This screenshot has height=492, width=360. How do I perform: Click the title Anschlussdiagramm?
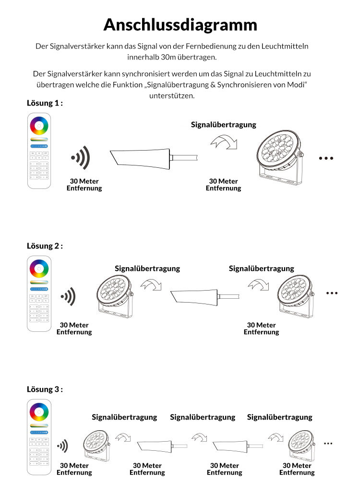[x=180, y=24]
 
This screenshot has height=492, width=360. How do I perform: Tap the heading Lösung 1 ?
[x=45, y=103]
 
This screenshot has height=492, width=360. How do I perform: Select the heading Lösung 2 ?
[x=45, y=246]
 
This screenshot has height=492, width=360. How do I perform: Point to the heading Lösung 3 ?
[x=45, y=389]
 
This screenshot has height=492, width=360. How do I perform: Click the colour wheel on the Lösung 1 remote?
[x=39, y=126]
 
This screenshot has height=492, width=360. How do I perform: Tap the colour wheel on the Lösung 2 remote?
[x=39, y=269]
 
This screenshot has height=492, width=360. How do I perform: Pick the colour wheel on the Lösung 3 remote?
[x=39, y=412]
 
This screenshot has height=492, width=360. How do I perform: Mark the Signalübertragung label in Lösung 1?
[x=223, y=125]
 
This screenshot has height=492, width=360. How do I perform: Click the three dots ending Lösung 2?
[x=332, y=293]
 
